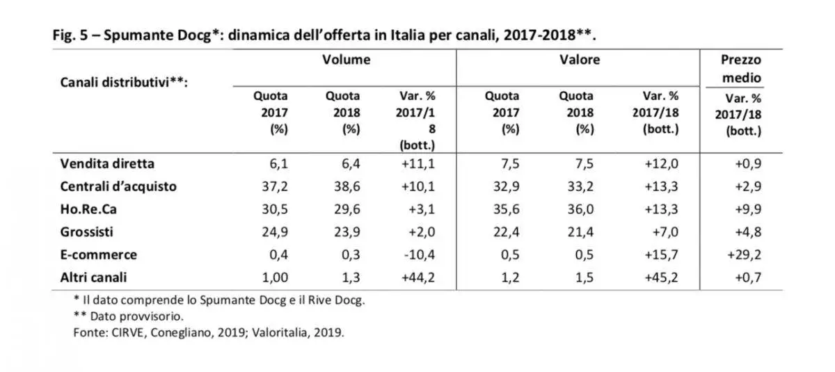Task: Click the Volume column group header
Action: click(x=345, y=60)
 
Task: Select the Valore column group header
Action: click(x=579, y=60)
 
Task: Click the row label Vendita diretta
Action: click(x=107, y=164)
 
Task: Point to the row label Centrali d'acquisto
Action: click(x=118, y=186)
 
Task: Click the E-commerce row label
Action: click(x=98, y=254)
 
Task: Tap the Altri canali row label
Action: click(x=94, y=277)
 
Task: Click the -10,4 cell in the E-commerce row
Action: click(x=420, y=254)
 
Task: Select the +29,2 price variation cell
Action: click(x=745, y=254)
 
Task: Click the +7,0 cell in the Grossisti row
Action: click(x=661, y=232)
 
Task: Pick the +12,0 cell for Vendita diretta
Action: click(x=658, y=164)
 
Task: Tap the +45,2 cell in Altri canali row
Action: click(x=658, y=277)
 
